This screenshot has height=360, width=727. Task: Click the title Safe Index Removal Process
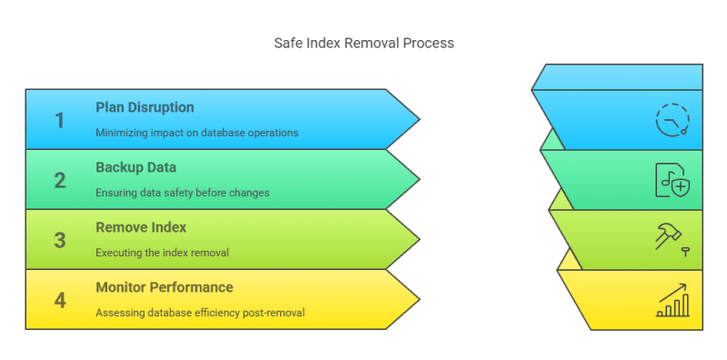pos(363,43)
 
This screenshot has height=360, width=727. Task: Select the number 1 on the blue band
pos(60,120)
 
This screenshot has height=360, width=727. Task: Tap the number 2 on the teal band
pos(60,180)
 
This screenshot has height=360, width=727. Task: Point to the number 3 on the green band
pos(60,240)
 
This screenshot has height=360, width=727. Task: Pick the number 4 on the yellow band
pos(60,300)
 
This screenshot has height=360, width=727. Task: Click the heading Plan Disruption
pos(144,107)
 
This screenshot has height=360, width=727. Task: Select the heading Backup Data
pos(135,167)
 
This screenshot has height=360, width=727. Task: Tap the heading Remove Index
pos(140,227)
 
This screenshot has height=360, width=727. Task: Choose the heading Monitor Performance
pos(164,287)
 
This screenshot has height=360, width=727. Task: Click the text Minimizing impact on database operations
pos(196,133)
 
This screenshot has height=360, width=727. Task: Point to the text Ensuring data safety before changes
pos(182,193)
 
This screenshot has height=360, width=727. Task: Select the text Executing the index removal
pos(163,253)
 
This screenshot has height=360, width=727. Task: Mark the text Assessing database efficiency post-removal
pos(199,313)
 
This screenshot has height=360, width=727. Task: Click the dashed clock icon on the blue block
pos(672,120)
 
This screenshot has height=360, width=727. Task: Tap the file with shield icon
pos(672,180)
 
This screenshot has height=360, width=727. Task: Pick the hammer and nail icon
pos(672,238)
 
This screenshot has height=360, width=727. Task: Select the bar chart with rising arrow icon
pos(672,300)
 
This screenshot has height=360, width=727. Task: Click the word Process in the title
pos(431,43)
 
